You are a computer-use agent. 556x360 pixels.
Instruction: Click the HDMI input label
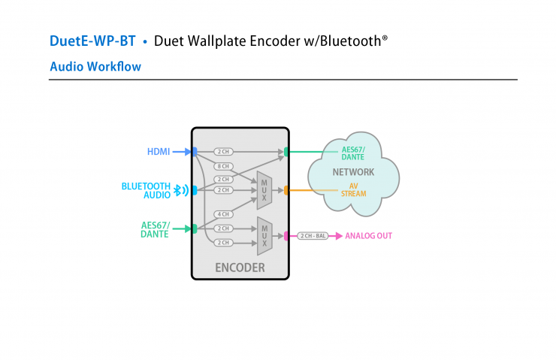(159, 152)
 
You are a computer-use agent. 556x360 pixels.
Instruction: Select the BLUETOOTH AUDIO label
(146, 190)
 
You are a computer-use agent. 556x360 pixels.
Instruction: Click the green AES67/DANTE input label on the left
(155, 229)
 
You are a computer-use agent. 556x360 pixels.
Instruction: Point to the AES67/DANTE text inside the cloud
(352, 153)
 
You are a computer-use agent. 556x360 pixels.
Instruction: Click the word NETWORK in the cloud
(353, 172)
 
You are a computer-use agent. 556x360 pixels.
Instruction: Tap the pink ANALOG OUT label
(368, 236)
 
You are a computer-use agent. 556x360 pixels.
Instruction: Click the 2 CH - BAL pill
(313, 236)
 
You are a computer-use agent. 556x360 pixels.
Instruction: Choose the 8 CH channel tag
(223, 165)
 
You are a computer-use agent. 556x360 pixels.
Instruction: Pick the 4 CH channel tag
(223, 214)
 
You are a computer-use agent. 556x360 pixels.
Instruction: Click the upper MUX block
(264, 189)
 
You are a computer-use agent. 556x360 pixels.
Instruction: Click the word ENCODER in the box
(240, 268)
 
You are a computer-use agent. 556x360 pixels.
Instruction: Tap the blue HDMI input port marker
(194, 152)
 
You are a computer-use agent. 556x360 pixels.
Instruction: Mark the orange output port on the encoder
(286, 190)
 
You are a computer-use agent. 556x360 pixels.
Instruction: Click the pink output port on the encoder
(286, 236)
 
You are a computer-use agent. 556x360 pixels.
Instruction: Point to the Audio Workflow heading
(95, 67)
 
